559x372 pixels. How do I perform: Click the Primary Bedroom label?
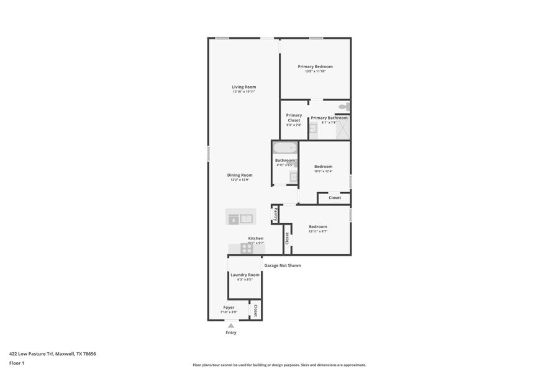pos(315,66)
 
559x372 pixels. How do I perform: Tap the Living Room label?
pos(244,87)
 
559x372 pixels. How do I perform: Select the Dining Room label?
pos(240,175)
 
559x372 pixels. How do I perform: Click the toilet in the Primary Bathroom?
pos(343,107)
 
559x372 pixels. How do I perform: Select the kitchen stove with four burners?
pos(247,249)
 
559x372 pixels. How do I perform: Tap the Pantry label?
pos(275,215)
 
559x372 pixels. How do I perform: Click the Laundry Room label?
pos(245,275)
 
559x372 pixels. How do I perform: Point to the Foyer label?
pos(229,307)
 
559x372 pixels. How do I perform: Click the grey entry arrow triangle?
pos(231,325)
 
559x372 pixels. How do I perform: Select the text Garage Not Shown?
pos(283,265)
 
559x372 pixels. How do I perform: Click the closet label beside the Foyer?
pos(255,309)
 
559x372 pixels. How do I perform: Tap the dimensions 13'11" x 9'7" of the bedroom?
pos(318,232)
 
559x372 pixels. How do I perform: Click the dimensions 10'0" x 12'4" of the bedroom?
pos(323,171)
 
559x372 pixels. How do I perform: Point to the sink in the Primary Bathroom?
pos(313,128)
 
